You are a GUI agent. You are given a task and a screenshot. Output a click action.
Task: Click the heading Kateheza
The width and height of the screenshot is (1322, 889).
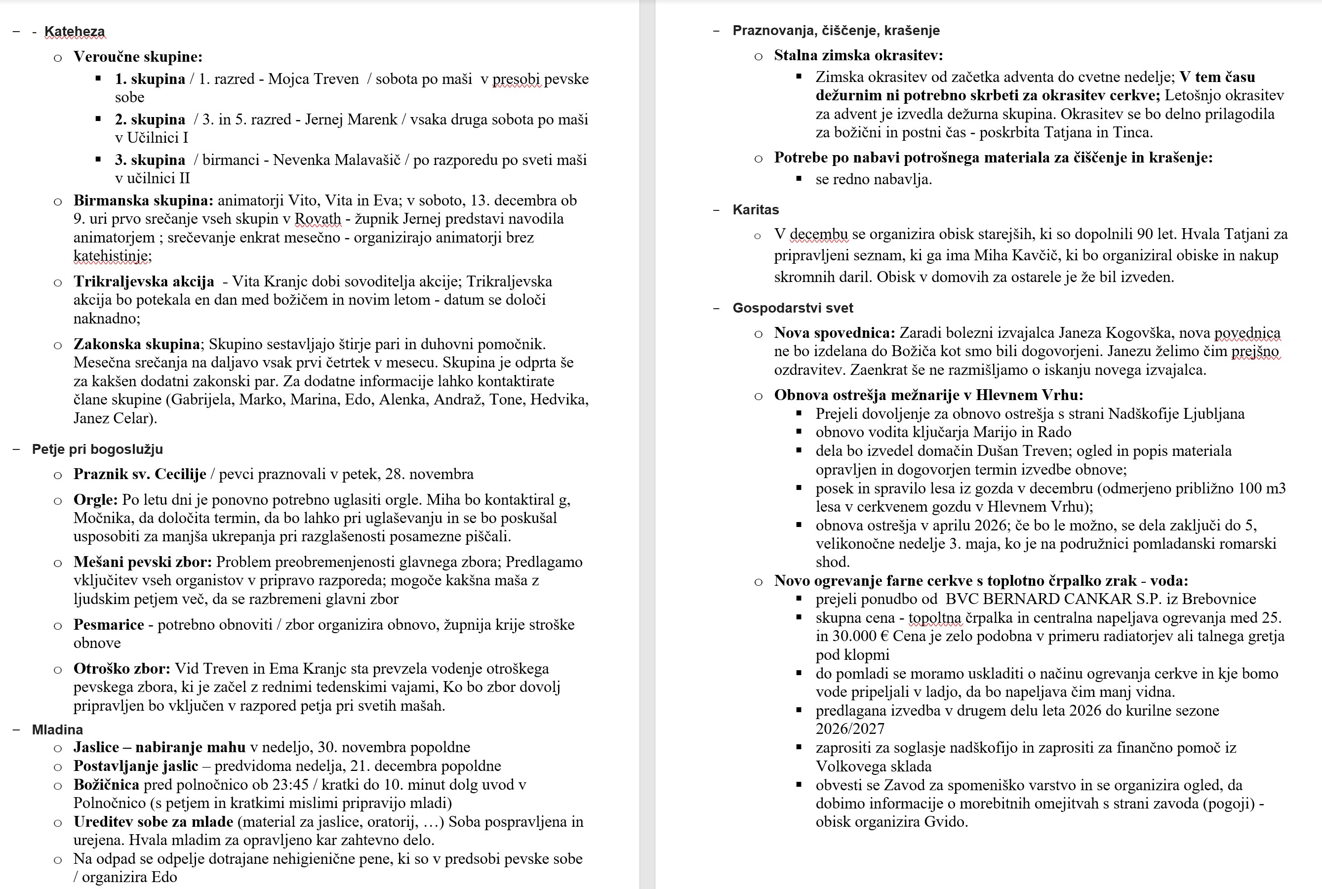coord(74,32)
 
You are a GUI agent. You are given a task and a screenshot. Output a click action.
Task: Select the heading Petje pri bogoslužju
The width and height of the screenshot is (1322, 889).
coord(97,449)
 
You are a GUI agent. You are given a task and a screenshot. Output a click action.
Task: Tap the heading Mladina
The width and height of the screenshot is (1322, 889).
coord(57,729)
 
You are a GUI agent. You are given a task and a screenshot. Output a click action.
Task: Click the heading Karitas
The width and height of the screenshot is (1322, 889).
coord(755,210)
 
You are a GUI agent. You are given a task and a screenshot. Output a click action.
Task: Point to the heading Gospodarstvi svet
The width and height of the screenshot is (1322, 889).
coord(792,308)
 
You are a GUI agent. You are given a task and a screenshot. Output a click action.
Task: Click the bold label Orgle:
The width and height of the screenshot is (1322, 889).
coord(95,499)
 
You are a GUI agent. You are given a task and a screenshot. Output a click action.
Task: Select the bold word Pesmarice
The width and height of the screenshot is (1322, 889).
coord(108,624)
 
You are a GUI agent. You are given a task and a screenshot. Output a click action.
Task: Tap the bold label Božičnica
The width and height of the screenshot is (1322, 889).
coord(106,785)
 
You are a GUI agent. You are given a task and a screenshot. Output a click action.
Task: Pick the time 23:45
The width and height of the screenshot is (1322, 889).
coord(287,785)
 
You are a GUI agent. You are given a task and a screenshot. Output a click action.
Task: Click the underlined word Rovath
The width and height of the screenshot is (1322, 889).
coord(318,219)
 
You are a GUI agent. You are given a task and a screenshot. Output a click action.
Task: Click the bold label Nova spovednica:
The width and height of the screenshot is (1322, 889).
coord(834,333)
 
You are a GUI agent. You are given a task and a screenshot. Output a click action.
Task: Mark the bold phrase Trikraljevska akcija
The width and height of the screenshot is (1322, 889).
coord(143,281)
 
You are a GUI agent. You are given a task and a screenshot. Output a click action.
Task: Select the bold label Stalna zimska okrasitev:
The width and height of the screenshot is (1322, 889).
coord(858,55)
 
